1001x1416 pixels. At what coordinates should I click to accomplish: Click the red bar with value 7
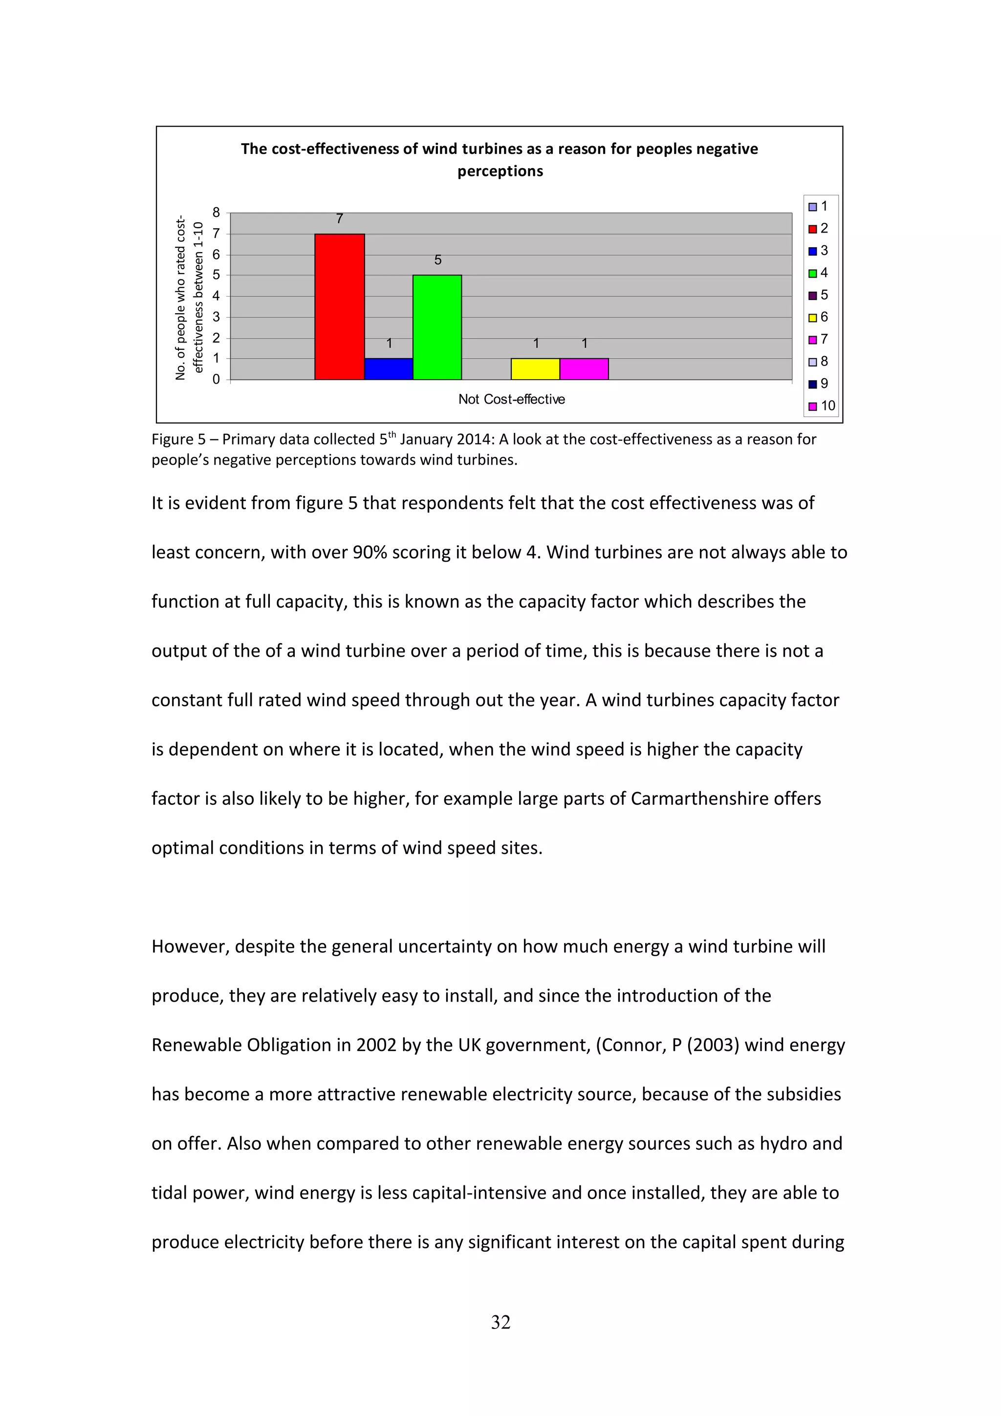[339, 306]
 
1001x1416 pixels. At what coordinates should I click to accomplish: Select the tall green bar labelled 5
[437, 327]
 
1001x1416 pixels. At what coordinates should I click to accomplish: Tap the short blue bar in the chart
[389, 369]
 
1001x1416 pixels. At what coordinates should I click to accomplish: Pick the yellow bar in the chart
[535, 369]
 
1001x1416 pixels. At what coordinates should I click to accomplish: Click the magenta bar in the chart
[584, 369]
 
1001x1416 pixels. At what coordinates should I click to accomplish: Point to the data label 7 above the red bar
[339, 219]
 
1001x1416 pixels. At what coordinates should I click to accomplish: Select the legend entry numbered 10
[822, 406]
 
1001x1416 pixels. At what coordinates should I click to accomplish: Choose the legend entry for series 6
[819, 317]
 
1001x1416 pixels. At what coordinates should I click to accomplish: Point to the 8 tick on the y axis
[216, 213]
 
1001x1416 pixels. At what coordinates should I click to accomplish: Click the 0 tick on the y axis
[216, 379]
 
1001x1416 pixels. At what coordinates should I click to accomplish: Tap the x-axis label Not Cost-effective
[511, 399]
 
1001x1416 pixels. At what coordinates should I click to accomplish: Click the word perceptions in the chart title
[500, 171]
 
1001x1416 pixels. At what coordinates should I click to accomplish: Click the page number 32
[500, 1322]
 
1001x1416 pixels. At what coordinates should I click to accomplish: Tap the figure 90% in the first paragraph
[370, 552]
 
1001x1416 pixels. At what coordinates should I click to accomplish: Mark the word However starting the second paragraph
[191, 946]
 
